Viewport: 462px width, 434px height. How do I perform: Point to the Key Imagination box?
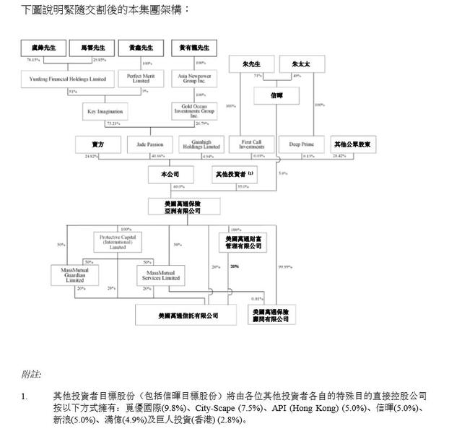click(106, 111)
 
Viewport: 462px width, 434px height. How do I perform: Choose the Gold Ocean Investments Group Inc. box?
click(193, 110)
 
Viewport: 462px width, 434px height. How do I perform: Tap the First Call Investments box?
click(248, 144)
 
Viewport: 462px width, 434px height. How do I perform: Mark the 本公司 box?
click(169, 174)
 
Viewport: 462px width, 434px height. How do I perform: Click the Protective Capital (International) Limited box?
click(117, 241)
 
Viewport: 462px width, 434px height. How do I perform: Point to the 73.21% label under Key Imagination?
click(113, 123)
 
